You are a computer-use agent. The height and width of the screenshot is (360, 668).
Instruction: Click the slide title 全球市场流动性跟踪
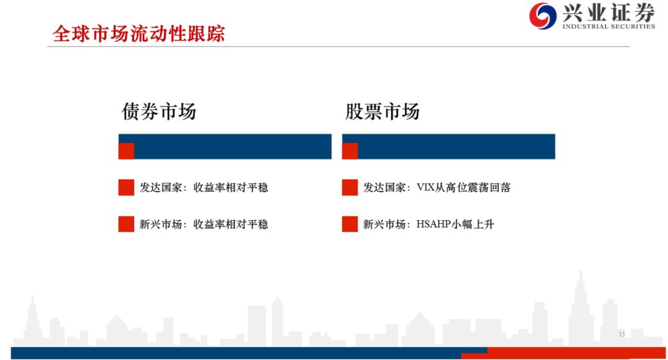pos(139,33)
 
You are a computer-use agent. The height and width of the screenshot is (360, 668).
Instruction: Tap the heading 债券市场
pos(159,111)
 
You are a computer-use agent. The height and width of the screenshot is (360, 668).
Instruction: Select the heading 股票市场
pos(382,111)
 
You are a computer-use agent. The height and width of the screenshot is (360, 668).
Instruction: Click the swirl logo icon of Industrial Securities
pos(543,15)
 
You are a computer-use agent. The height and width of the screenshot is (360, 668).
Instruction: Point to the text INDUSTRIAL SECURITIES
pos(609,27)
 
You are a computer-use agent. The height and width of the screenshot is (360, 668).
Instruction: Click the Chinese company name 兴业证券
pos(609,12)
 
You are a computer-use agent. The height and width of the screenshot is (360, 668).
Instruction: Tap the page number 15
pos(622,335)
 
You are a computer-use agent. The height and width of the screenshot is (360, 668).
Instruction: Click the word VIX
pos(426,187)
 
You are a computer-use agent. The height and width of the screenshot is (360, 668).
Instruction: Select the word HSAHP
pos(433,224)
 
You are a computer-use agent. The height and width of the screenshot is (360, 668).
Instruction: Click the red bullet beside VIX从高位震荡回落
pos(349,187)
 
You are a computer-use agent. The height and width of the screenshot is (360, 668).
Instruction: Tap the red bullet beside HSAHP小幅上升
pos(349,224)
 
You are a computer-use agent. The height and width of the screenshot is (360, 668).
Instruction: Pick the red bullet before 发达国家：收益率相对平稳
pos(126,187)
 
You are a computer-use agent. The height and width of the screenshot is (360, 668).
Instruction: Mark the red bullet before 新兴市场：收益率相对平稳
pos(126,224)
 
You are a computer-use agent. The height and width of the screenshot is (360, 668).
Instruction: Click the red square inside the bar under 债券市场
pos(126,152)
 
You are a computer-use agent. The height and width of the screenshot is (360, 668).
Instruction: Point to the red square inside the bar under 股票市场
pos(349,152)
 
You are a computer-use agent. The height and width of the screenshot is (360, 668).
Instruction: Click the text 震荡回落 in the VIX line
pos(489,187)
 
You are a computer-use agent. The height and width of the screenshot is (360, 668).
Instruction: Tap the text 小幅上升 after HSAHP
pos(473,224)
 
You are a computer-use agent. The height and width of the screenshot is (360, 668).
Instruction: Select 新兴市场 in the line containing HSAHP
pos(384,224)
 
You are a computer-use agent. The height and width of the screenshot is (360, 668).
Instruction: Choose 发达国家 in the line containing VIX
pos(384,187)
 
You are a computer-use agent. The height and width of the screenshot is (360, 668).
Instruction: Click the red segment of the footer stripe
pos(563,353)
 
